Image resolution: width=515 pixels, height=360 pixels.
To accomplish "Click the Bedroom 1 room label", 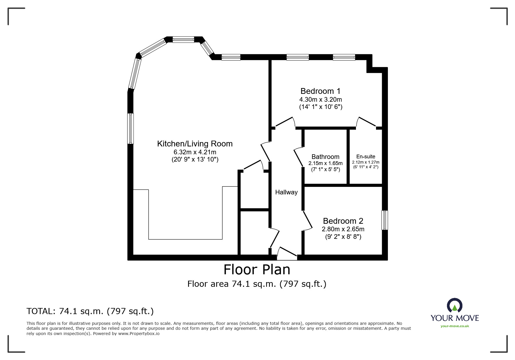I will [x=320, y=91].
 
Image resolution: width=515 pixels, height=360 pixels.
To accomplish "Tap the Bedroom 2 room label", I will [x=343, y=221].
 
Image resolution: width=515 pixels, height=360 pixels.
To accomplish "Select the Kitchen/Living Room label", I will [x=195, y=144].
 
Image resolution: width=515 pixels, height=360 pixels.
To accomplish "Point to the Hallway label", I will [x=286, y=192].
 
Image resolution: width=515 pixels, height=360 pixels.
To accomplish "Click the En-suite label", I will [x=366, y=157].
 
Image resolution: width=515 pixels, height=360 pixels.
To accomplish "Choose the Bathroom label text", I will [x=325, y=157].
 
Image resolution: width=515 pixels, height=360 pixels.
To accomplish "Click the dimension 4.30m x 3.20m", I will [x=320, y=99].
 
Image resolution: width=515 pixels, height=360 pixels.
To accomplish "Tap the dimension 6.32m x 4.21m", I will [x=195, y=152].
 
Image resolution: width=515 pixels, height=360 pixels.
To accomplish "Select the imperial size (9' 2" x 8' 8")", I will [x=343, y=237].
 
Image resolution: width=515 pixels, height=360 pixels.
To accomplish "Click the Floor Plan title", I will [x=257, y=270].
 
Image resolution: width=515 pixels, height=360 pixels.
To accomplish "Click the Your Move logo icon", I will [x=455, y=306].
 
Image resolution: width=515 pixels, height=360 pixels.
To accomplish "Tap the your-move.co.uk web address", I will [x=455, y=326].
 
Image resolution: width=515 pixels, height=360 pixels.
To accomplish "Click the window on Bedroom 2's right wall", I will [x=384, y=220].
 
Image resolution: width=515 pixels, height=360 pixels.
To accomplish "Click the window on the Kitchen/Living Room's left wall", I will [x=131, y=129].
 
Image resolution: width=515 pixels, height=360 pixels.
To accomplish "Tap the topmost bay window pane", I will [x=183, y=40].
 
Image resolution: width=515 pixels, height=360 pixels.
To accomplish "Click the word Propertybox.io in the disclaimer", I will [x=139, y=334].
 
